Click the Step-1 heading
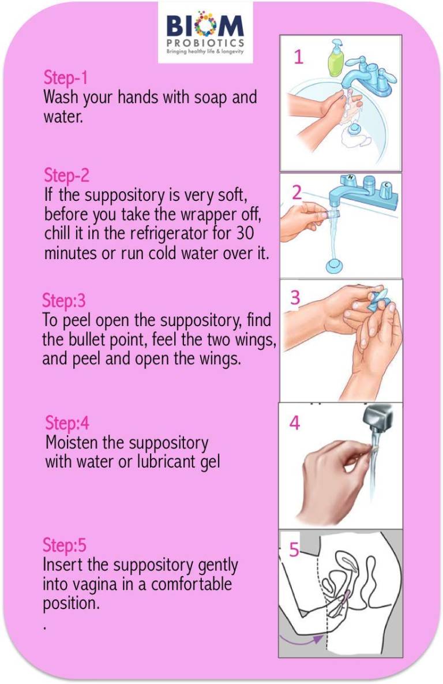[x=65, y=79]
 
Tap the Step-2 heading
[x=66, y=175]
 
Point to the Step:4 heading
[x=67, y=423]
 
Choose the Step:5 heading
[x=64, y=545]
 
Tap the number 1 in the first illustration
[x=298, y=58]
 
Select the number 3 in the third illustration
[x=295, y=298]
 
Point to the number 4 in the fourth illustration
[x=295, y=423]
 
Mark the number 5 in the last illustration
[x=294, y=550]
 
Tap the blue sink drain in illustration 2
[x=333, y=266]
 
